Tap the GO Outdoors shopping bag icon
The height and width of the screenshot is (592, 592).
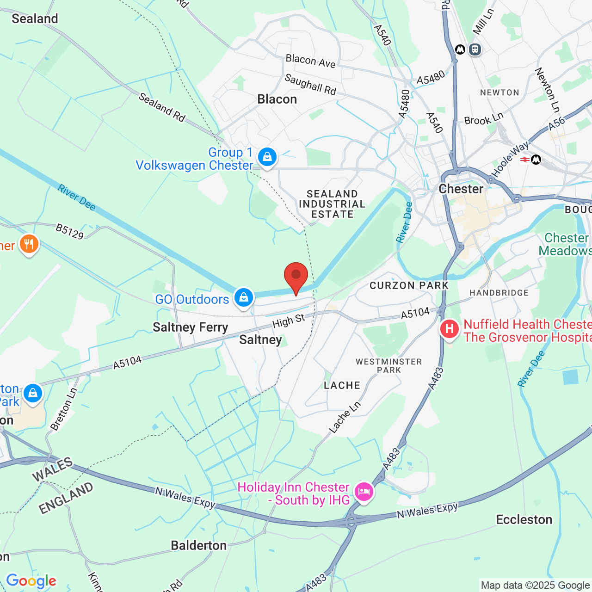[x=243, y=298]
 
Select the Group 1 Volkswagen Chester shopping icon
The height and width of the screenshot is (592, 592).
[x=267, y=157]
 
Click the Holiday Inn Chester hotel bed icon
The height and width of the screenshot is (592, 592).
[x=364, y=492]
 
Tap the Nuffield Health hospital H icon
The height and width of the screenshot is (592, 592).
[x=449, y=329]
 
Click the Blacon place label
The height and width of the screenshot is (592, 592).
[x=277, y=99]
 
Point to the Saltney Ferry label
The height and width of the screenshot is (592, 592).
[x=191, y=327]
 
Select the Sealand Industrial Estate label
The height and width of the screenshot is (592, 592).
[x=332, y=204]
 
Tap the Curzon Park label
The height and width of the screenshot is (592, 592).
[x=409, y=286]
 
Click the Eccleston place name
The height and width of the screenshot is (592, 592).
[x=524, y=520]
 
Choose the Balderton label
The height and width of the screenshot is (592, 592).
[x=199, y=546]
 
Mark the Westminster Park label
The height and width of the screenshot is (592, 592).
[x=388, y=366]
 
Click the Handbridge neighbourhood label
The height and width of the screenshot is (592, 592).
[x=499, y=293]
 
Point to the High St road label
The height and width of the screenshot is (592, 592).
[x=289, y=321]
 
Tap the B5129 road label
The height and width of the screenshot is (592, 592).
[x=70, y=231]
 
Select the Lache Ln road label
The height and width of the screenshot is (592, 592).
[x=345, y=418]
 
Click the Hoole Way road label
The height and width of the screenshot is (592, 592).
[x=510, y=160]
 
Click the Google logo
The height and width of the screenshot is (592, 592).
[x=31, y=581]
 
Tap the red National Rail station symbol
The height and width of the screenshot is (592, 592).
[x=524, y=160]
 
